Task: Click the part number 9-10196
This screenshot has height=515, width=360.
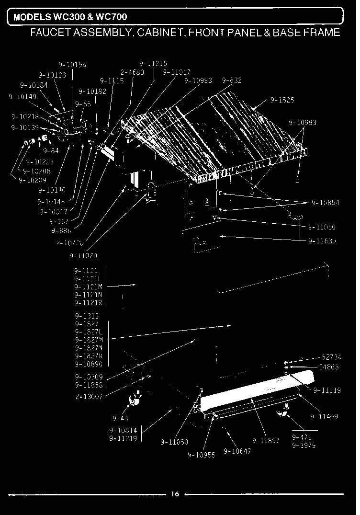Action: [72, 65]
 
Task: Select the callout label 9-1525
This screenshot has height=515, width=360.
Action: [282, 101]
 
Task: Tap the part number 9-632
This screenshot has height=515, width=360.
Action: [232, 80]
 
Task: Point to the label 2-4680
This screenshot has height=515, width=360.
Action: [133, 73]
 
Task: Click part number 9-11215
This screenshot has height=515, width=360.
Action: [153, 63]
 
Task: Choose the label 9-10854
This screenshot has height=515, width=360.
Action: [326, 203]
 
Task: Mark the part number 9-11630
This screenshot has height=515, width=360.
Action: [322, 240]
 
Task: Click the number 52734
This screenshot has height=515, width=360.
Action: [331, 357]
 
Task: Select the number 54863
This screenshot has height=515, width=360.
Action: [329, 367]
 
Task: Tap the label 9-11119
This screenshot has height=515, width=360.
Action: [327, 390]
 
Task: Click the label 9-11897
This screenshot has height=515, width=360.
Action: [266, 440]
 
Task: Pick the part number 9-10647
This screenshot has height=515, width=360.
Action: [237, 451]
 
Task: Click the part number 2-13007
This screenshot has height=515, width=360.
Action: [89, 396]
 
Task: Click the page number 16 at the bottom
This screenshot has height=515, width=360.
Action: [175, 494]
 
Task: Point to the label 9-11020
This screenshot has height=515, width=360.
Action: [86, 256]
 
